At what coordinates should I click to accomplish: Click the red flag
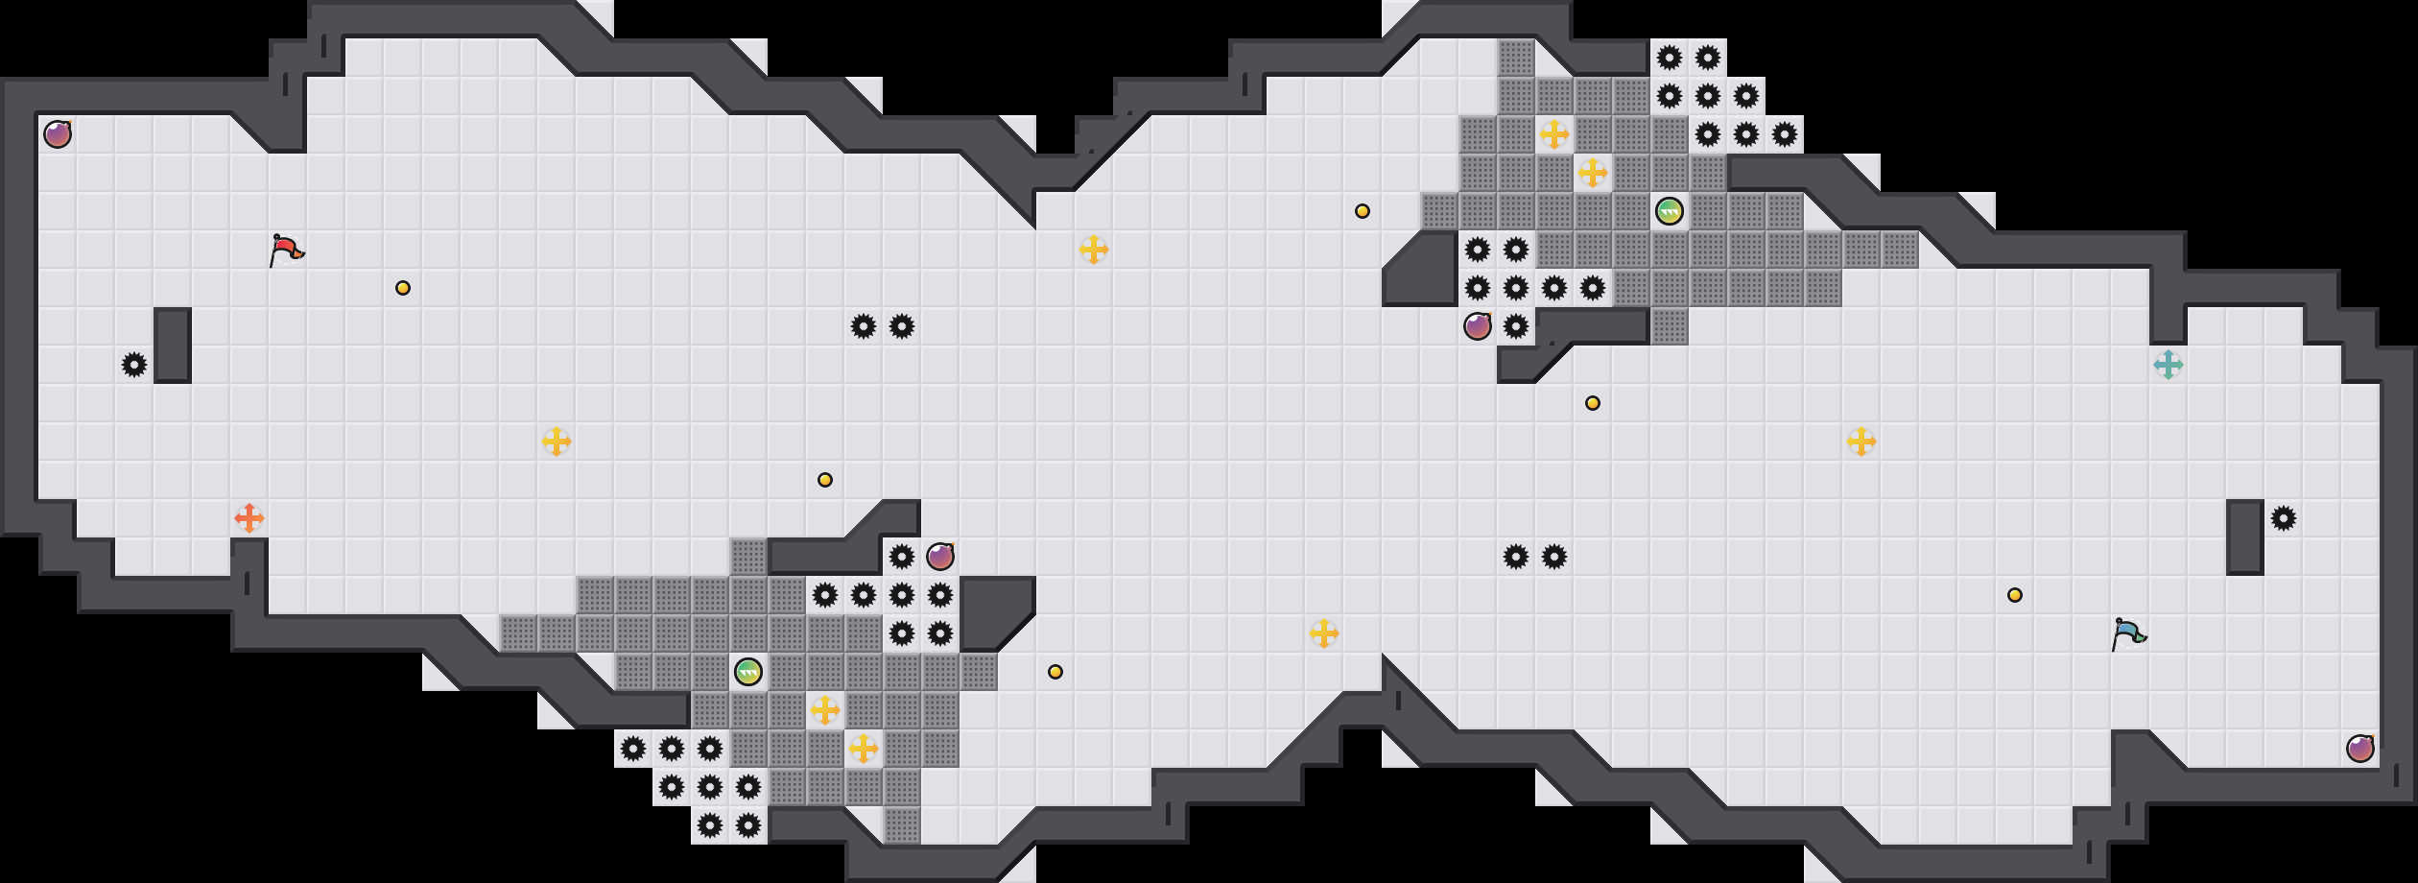[286, 250]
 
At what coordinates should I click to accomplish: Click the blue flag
[2128, 633]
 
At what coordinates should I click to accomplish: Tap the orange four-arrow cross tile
[249, 518]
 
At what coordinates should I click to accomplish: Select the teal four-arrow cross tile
[2169, 365]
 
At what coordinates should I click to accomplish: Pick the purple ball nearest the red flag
[58, 134]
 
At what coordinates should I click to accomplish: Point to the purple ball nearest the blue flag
[2360, 749]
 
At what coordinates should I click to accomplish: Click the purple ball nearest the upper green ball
[1478, 326]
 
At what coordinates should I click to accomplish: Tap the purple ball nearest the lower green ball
[940, 557]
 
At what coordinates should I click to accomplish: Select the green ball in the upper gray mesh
[1670, 211]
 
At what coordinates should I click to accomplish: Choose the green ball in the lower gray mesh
[748, 672]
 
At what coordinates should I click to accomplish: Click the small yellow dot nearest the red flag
[403, 288]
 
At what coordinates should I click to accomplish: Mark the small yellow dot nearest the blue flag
[2015, 595]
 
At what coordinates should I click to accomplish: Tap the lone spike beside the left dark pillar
[134, 365]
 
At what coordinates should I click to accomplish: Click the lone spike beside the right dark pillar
[2284, 518]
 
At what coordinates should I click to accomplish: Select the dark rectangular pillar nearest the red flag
[173, 346]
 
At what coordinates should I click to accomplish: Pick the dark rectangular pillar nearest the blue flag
[2245, 537]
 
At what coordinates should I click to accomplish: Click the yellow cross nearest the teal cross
[1861, 441]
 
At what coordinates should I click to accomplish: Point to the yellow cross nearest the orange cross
[557, 441]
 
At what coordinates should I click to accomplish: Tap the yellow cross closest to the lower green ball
[825, 710]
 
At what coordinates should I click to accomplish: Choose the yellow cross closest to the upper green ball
[1593, 173]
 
